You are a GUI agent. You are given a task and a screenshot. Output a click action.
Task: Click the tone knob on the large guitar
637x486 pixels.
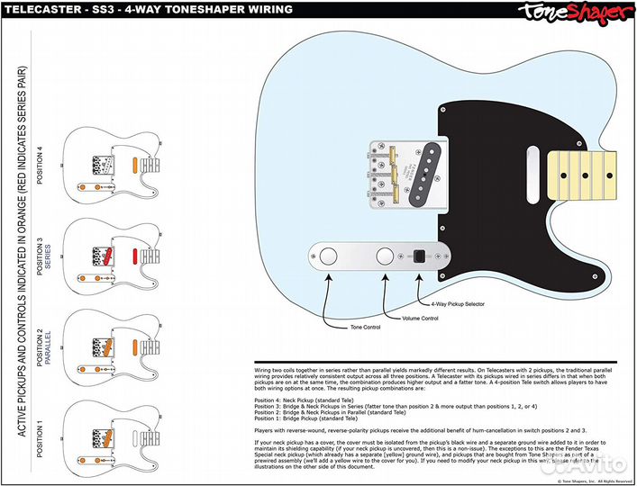330,255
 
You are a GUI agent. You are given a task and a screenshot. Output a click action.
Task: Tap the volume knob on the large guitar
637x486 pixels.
385,255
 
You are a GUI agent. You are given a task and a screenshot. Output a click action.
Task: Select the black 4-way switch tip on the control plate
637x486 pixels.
419,255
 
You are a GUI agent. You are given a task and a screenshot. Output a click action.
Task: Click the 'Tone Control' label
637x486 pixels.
366,327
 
